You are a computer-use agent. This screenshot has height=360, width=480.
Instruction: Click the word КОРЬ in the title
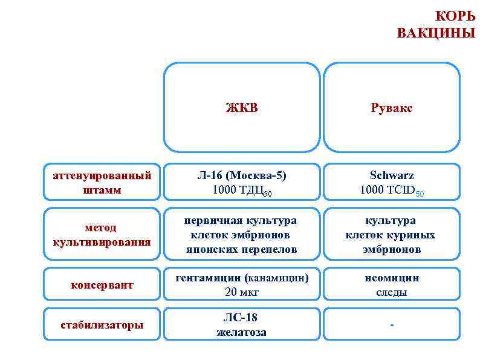[x=455, y=16]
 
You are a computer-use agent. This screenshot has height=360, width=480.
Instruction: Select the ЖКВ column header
[x=241, y=108]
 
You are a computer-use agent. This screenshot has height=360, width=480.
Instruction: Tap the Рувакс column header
[x=392, y=108]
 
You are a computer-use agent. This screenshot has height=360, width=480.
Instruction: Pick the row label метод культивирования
[x=101, y=235]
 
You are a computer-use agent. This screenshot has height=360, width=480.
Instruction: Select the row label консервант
[x=102, y=284]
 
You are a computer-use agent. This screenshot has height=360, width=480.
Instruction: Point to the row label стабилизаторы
[x=102, y=325]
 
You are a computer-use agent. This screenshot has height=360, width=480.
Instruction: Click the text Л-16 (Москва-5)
[x=241, y=175]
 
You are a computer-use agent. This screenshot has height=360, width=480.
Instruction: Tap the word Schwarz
[x=392, y=175]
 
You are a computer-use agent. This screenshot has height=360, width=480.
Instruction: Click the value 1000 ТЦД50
[x=241, y=190]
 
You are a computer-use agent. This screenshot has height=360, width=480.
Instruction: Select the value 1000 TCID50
[x=392, y=190]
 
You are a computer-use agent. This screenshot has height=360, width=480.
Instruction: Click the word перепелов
[x=268, y=249]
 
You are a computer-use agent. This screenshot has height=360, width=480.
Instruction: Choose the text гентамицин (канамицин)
[x=241, y=278]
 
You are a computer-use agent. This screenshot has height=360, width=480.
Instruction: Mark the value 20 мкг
[x=241, y=292]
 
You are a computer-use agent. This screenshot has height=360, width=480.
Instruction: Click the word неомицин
[x=392, y=278]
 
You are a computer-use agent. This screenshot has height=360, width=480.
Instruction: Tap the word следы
[x=392, y=292]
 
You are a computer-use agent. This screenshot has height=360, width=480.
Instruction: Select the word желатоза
[x=241, y=332]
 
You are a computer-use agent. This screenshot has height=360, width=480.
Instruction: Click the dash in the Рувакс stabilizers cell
[x=392, y=326]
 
